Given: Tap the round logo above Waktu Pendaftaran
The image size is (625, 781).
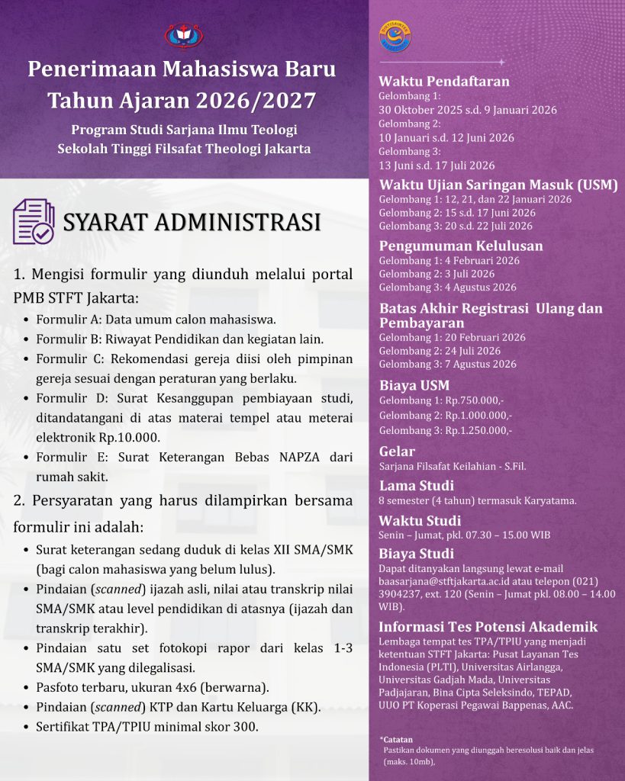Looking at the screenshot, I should [x=393, y=37].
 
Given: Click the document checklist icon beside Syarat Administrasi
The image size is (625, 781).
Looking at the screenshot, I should [x=34, y=221].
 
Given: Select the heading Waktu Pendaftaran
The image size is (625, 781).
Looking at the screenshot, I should [x=444, y=82].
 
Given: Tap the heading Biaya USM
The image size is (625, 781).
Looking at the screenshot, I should [x=414, y=385].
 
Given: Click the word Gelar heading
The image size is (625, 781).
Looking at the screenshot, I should [x=397, y=452].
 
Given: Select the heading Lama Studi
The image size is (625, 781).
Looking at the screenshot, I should [x=416, y=485].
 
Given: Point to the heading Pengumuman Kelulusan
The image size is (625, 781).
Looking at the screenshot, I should [x=461, y=246].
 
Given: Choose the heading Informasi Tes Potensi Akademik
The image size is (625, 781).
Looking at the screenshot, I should [x=488, y=627].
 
